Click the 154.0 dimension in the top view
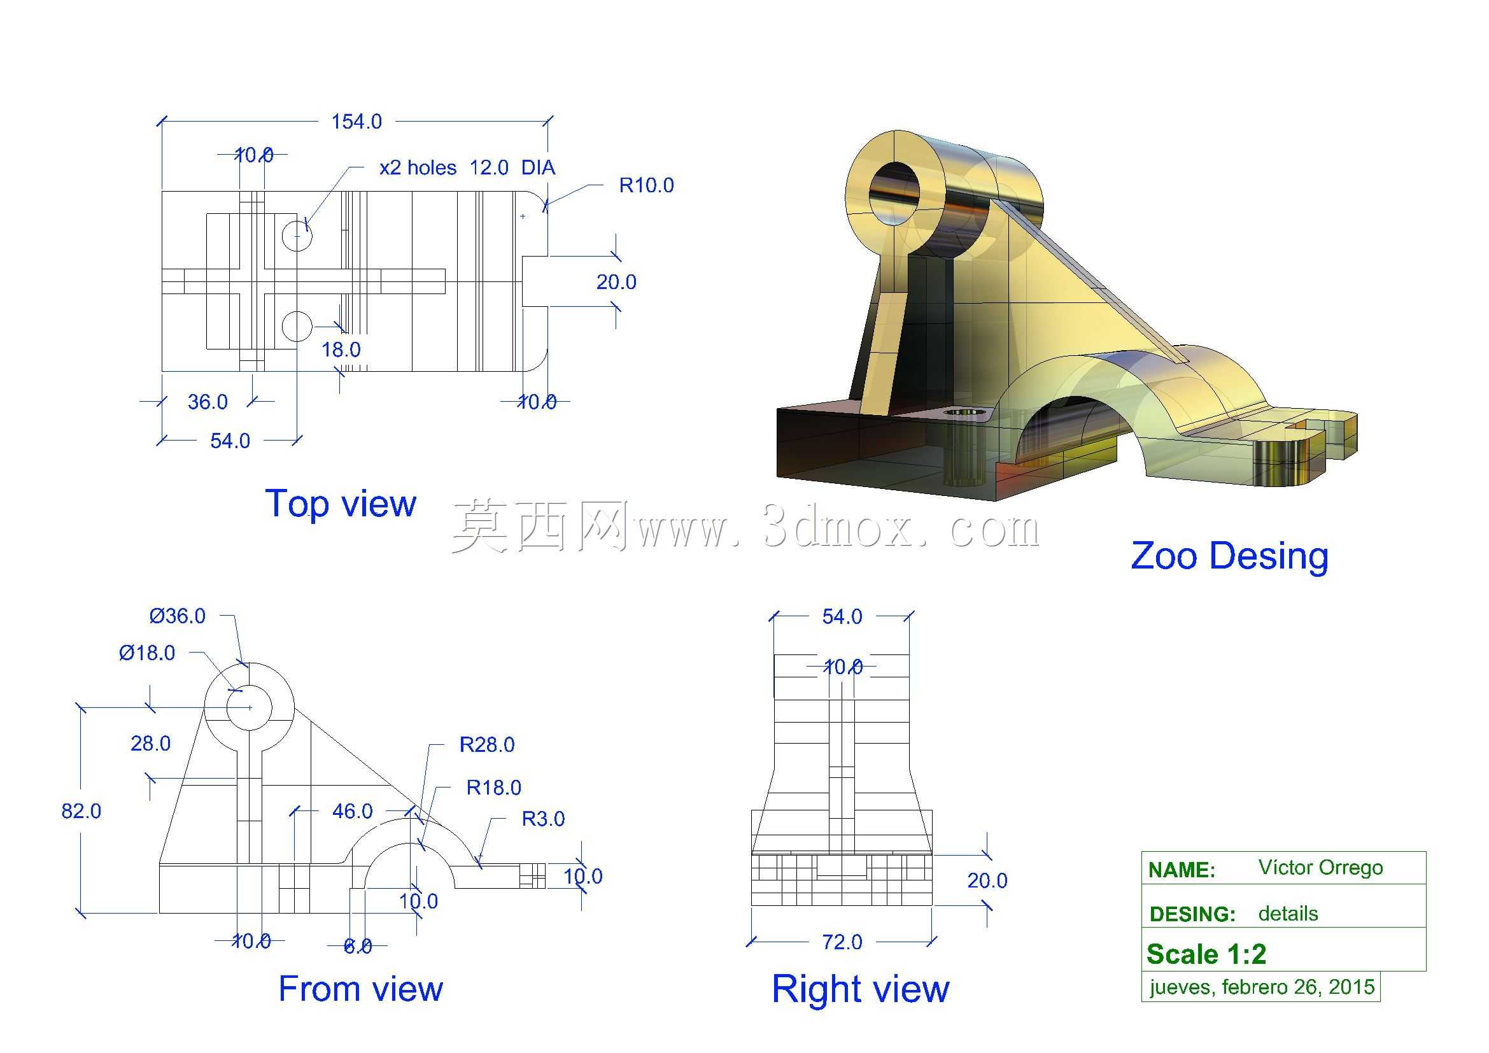click(356, 121)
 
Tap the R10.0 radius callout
click(647, 185)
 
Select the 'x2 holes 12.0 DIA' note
click(467, 168)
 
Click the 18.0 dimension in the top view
click(341, 350)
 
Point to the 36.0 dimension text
click(208, 402)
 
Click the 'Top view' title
click(341, 504)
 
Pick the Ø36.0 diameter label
click(177, 616)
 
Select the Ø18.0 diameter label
click(146, 653)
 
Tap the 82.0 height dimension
click(81, 811)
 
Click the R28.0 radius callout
click(487, 745)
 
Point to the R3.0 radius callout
click(544, 819)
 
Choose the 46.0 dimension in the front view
click(352, 811)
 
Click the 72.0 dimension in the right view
click(842, 942)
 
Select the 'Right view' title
click(861, 989)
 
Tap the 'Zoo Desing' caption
click(1230, 556)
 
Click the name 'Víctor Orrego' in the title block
click(1320, 868)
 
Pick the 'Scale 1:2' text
click(1206, 954)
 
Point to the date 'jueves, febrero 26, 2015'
click(1262, 987)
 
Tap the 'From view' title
click(360, 989)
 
